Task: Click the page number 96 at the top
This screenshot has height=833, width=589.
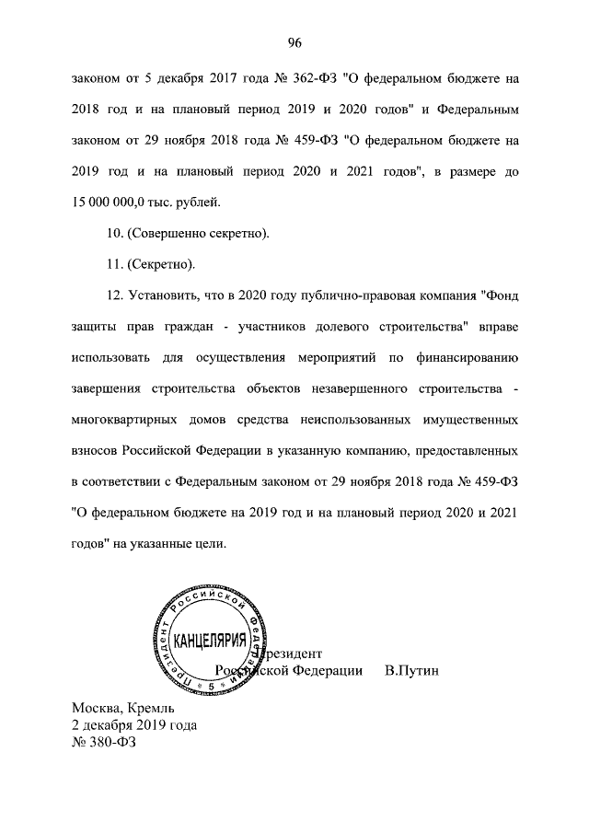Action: pyautogui.click(x=294, y=42)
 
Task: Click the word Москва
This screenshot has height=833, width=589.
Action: pyautogui.click(x=98, y=710)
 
